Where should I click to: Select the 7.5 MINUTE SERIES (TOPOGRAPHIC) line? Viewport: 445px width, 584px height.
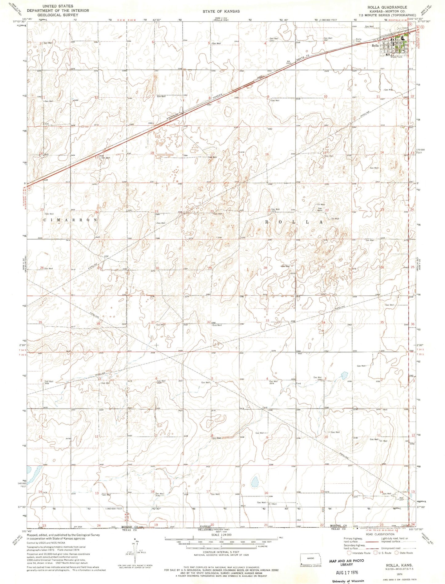tap(390, 15)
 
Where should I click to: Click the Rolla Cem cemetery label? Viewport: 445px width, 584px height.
tap(358, 40)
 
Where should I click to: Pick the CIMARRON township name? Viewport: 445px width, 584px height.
tap(70, 220)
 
